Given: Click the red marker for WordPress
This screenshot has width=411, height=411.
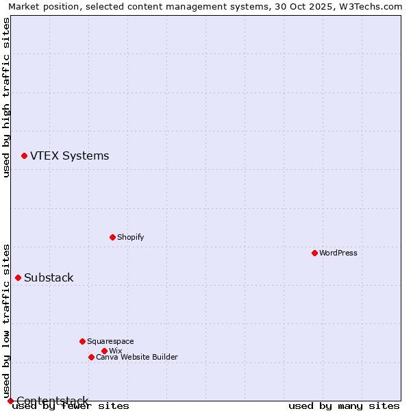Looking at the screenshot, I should [x=314, y=253].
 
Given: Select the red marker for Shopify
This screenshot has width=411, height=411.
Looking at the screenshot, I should [x=112, y=237].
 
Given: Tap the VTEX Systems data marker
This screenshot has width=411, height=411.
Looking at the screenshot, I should [x=24, y=156].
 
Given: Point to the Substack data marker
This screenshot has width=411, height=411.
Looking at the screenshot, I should [x=18, y=277].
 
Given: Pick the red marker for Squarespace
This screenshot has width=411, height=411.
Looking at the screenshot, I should [x=82, y=341].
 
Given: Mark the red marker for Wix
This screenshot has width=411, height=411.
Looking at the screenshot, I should [x=104, y=351].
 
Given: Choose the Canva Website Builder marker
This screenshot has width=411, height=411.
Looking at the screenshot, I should [x=91, y=357].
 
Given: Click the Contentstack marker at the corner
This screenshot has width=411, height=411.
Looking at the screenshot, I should [x=10, y=401].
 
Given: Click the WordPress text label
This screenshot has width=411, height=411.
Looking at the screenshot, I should [x=338, y=253].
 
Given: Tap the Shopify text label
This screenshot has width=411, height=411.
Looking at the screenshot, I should [x=130, y=237].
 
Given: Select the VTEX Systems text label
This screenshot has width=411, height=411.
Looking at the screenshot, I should [x=69, y=155].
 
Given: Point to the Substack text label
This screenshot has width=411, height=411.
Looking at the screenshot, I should [x=49, y=277].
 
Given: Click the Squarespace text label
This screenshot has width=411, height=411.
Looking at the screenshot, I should [x=110, y=341].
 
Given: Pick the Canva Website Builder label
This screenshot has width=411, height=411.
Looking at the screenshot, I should [x=137, y=357].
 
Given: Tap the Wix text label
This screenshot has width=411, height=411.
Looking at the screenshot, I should [x=115, y=351].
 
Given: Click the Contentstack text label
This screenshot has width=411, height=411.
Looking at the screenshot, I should [x=52, y=401].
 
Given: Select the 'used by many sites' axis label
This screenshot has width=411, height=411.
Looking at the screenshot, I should [x=344, y=406].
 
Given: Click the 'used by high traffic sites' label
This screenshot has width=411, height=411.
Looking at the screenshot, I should [x=7, y=97].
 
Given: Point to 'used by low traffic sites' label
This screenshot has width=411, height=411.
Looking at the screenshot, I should [x=7, y=321].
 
